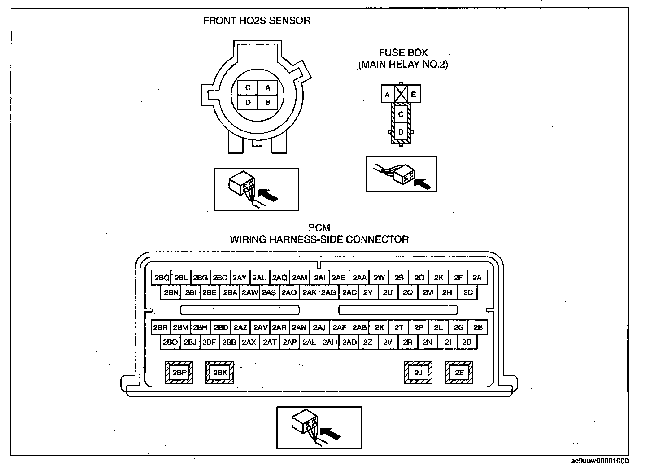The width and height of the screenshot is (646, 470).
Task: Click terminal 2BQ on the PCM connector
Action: [161, 278]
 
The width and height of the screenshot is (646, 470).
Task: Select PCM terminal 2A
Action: [477, 278]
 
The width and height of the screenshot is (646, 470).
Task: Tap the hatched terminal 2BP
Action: [179, 372]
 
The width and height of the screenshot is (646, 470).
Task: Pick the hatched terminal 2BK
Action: [219, 372]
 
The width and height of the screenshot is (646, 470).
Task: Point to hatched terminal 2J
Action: [418, 372]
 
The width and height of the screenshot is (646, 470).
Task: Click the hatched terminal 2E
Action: [458, 372]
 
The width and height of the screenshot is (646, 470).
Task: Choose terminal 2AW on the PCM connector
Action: [250, 292]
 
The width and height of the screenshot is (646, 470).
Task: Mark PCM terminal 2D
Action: [467, 342]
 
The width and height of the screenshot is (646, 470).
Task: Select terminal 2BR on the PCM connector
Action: [161, 327]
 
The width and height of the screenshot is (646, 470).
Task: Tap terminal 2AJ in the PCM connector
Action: [319, 327]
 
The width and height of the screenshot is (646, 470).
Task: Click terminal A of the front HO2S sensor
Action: [267, 88]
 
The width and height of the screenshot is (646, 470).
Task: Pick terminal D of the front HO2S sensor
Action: [248, 103]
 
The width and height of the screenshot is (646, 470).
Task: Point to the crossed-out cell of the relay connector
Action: [400, 94]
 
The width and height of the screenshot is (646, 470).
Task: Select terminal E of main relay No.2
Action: [414, 94]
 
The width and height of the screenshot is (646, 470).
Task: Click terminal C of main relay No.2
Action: [401, 115]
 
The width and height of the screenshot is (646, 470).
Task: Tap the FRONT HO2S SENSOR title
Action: [257, 21]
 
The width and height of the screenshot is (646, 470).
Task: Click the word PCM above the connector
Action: [319, 228]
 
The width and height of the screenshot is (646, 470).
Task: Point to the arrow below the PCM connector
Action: [332, 432]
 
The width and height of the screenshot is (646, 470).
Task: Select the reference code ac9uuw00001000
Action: [599, 461]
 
